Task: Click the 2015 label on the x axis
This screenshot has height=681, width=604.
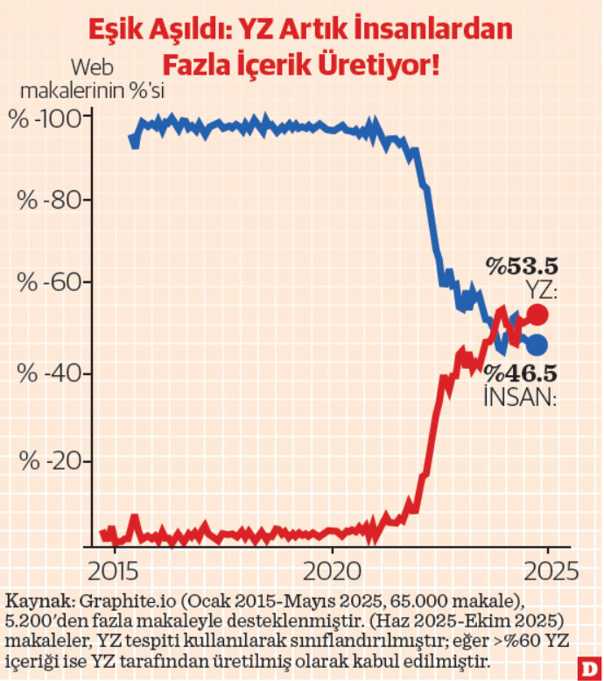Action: (114, 571)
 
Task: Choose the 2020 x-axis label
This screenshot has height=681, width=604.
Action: (333, 571)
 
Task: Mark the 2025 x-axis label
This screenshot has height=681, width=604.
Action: (549, 571)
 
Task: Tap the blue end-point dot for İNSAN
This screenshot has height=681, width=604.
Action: (537, 344)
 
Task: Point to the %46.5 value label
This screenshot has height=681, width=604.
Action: (523, 372)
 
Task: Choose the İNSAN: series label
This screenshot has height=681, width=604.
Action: (521, 397)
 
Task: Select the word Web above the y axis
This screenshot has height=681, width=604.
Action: (92, 67)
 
